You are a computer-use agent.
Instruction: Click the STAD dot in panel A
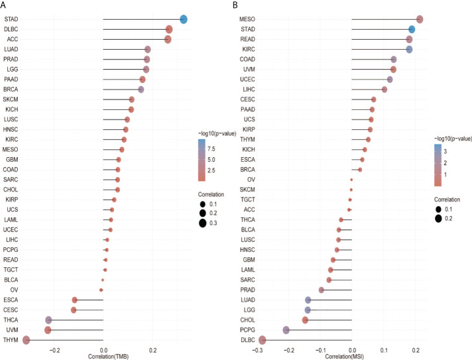coord(184,19)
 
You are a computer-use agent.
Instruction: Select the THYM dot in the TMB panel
coord(27,340)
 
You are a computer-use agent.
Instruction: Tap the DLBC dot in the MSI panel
coord(263,340)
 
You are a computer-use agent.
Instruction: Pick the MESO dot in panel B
coord(419,19)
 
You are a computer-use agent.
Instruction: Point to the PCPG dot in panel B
coord(286,330)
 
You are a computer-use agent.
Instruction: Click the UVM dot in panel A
coord(48,330)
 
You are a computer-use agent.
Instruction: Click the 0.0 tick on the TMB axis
coord(103,349)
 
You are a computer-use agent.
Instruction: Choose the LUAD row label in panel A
coord(11,49)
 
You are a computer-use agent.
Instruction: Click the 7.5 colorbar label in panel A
coord(210,149)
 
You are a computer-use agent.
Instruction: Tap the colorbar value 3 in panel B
coord(445,151)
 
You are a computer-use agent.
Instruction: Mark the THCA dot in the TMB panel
coord(48,320)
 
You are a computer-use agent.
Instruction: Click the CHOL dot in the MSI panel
coord(305,320)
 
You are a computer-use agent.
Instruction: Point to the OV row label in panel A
coord(14,290)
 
